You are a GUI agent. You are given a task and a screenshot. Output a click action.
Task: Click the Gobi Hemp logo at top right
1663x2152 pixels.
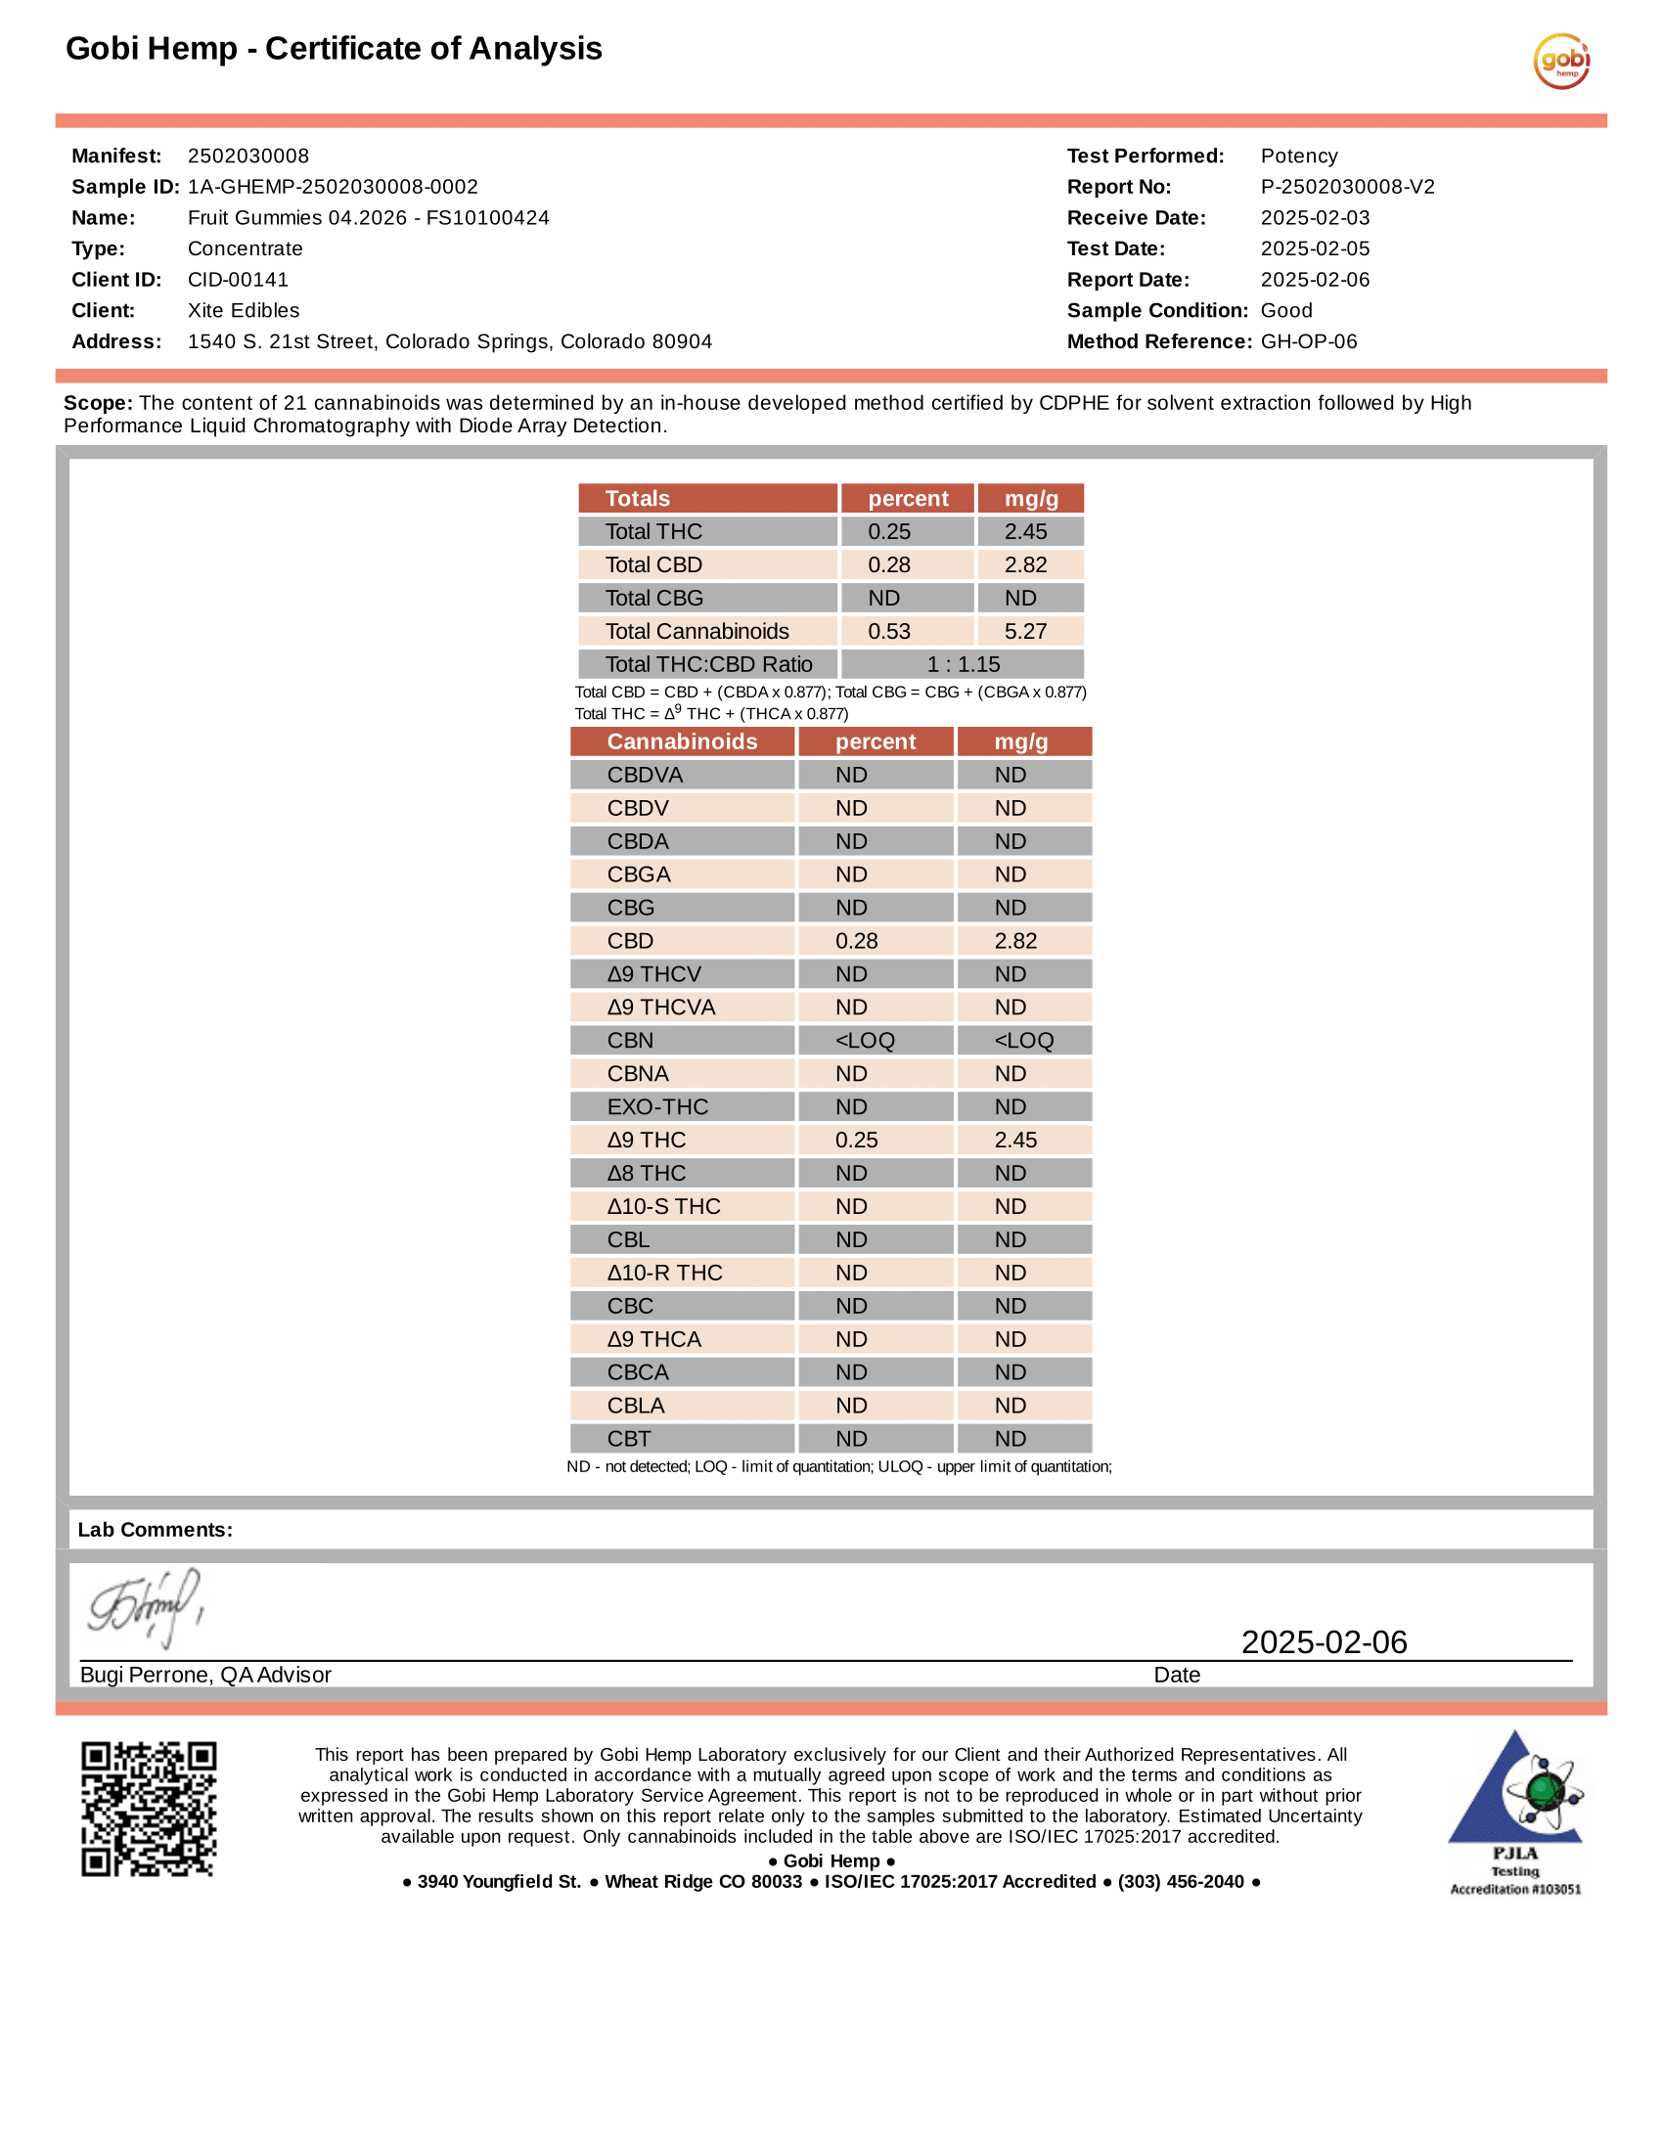tap(1560, 61)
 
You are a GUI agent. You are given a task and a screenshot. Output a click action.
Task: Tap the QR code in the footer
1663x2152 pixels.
tap(149, 1809)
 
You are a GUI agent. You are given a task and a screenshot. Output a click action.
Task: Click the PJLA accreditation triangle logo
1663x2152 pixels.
tap(1515, 1791)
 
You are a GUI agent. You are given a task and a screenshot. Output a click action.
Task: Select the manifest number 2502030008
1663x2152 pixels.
tap(248, 156)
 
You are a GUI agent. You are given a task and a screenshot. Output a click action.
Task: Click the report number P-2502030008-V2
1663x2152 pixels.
tap(1347, 187)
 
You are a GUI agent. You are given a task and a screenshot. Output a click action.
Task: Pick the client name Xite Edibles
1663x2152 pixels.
tap(244, 310)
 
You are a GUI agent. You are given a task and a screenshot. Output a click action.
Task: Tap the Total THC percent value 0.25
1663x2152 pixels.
tap(888, 532)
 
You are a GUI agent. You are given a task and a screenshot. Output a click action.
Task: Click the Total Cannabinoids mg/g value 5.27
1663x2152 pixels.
tap(1025, 632)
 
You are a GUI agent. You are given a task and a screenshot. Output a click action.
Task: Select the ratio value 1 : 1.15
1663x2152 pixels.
tap(963, 664)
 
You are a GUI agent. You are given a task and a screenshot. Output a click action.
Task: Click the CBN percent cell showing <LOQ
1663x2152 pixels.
tap(865, 1041)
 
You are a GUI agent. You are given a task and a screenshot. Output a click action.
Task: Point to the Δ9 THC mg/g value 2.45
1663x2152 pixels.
tap(1015, 1140)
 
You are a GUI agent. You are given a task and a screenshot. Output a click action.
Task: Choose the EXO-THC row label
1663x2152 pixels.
tap(657, 1107)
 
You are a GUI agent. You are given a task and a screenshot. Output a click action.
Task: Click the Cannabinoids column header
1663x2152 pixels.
tap(682, 742)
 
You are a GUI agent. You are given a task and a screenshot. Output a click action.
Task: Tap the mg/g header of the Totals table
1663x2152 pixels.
tap(1030, 499)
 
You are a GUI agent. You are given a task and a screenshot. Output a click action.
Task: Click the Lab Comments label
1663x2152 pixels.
tap(156, 1530)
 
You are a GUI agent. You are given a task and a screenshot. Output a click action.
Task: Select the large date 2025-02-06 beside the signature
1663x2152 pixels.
tap(1324, 1642)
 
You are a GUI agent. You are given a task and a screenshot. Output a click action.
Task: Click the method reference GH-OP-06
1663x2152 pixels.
tap(1308, 342)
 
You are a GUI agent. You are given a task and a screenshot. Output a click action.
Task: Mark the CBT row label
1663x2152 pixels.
tap(629, 1440)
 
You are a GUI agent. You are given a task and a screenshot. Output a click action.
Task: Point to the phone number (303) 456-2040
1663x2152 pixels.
tap(1181, 1882)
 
